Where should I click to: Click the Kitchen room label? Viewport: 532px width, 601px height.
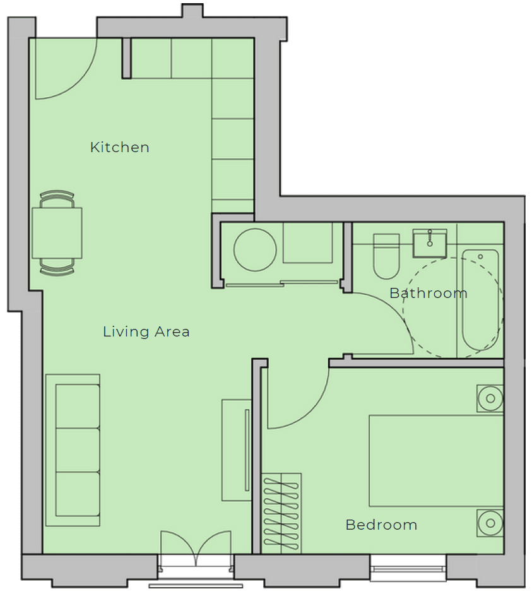119,147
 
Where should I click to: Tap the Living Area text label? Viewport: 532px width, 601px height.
146,331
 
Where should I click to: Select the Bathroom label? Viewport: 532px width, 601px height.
429,293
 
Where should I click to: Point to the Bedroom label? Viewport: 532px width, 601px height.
381,525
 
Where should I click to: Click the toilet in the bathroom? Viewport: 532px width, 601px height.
386,256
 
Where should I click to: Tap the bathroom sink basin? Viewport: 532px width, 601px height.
430,244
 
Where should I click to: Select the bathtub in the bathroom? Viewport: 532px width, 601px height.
481,300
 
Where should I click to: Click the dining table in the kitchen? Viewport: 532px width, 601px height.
57,233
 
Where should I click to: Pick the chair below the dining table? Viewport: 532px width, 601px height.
57,267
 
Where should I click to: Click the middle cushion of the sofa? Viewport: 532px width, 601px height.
78,450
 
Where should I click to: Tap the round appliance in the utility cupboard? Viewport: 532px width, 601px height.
255,250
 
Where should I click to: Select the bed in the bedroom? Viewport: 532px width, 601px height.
436,461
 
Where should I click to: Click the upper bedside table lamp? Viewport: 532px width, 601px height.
490,398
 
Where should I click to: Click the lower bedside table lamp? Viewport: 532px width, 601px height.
490,523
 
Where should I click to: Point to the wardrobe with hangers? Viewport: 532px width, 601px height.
281,514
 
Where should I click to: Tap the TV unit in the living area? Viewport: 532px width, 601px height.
237,450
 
